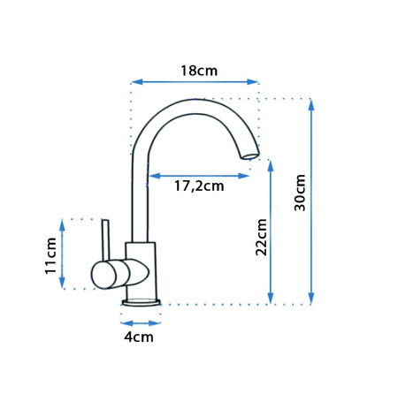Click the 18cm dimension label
[x=199, y=71]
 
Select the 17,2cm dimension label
[x=199, y=186]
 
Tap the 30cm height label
[x=300, y=193]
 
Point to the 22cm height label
[x=262, y=238]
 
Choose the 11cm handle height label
[x=50, y=256]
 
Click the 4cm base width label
[x=139, y=337]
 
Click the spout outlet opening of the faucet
[x=251, y=155]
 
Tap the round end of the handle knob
[x=103, y=276]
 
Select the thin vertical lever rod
[x=105, y=240]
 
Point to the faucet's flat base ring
[x=142, y=302]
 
